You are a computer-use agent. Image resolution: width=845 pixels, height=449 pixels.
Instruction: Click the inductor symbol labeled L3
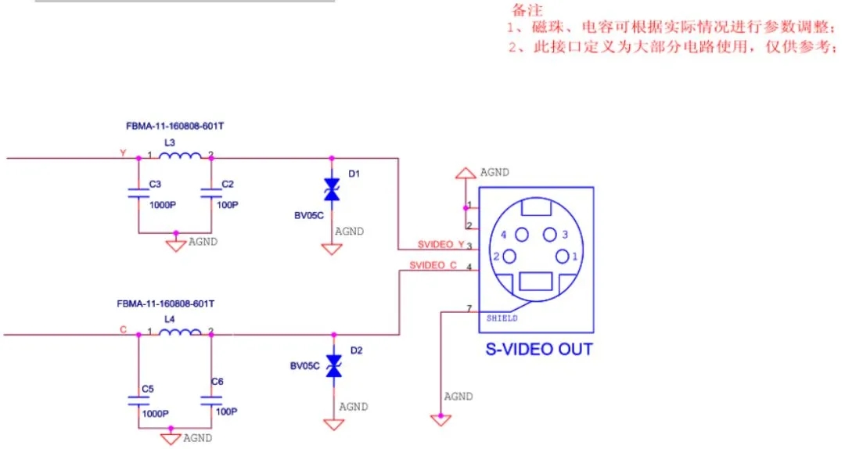[180, 156]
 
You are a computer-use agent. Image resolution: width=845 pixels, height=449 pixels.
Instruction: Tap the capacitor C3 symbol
[139, 194]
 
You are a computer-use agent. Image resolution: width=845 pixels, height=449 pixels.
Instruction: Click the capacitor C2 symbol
[208, 192]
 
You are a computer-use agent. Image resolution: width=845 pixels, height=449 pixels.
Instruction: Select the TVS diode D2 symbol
[335, 366]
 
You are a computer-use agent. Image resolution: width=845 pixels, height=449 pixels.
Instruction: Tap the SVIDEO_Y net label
[440, 244]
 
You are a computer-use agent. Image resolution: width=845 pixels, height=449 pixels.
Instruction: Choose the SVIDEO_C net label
[433, 266]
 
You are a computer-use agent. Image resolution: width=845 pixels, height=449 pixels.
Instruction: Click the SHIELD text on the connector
[502, 318]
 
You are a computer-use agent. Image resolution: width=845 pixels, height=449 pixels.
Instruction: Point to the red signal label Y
[122, 153]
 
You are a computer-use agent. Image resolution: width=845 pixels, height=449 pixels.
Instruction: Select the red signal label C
[123, 329]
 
